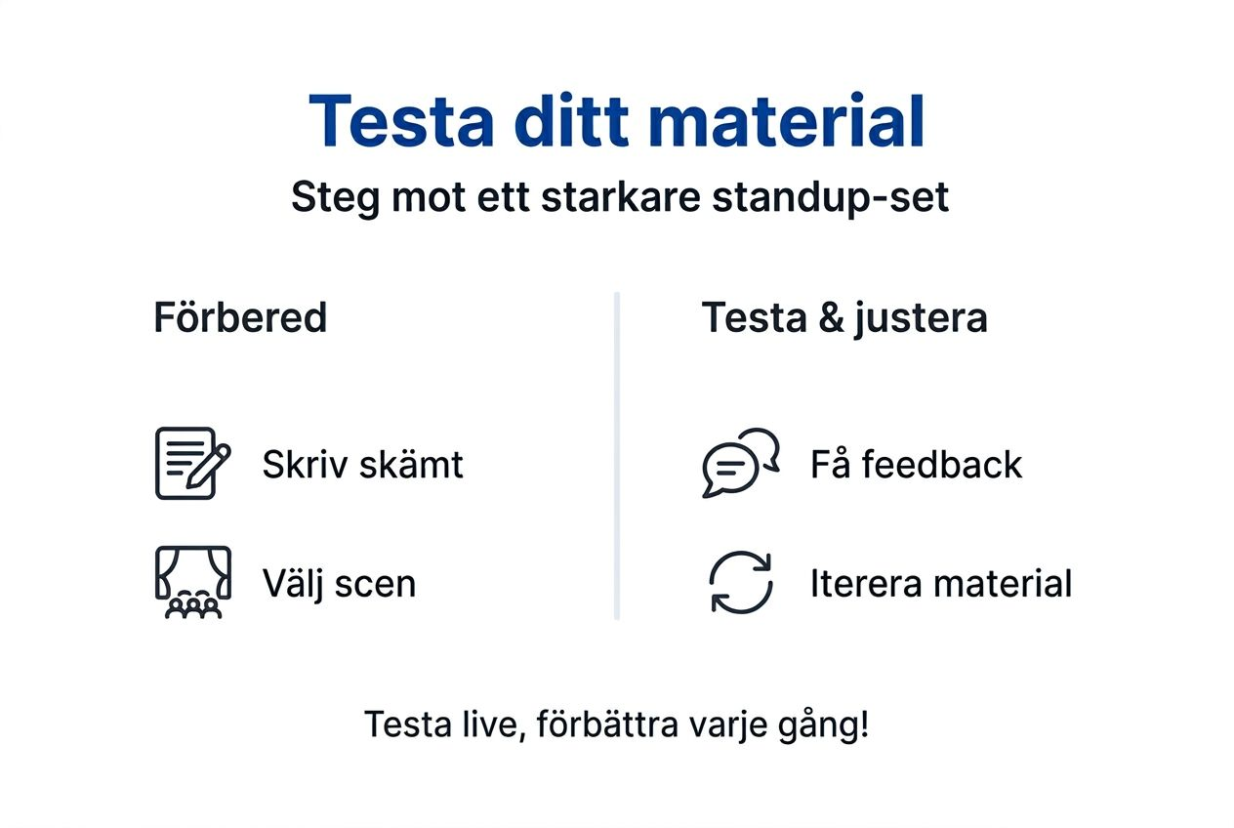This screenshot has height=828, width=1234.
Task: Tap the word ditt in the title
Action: click(570, 121)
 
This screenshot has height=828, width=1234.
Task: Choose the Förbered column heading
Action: click(240, 318)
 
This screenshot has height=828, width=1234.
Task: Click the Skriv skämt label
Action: click(362, 465)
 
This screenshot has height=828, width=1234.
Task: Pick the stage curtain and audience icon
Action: click(192, 583)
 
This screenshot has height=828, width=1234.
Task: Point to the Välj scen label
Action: click(339, 584)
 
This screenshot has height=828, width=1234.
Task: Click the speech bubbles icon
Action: click(740, 463)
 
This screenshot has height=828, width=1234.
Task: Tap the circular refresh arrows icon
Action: click(740, 583)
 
